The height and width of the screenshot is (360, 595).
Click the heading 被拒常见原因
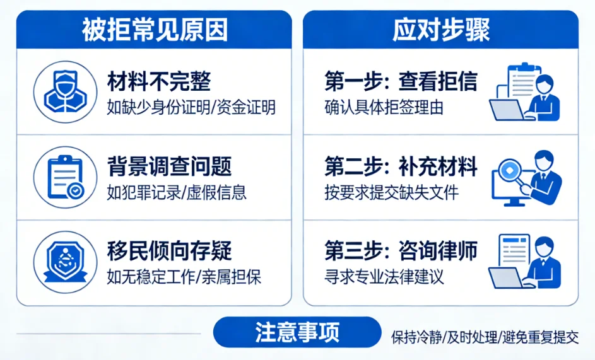(x=154, y=30)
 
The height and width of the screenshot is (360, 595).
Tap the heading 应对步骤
(x=441, y=30)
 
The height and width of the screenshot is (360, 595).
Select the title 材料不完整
(x=158, y=82)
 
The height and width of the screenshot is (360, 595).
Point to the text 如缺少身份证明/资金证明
(x=191, y=107)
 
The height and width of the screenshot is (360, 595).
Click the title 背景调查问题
(x=169, y=166)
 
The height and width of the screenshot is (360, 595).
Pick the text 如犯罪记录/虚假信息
(x=177, y=192)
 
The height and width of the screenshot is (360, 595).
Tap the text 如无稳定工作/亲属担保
(x=184, y=276)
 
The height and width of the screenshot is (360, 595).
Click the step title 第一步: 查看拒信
(x=401, y=82)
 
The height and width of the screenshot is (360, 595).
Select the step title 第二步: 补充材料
(x=401, y=166)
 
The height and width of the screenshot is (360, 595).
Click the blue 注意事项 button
(x=297, y=332)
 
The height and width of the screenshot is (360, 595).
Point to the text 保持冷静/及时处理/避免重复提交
(x=485, y=337)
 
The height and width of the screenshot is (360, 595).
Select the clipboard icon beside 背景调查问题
(x=66, y=177)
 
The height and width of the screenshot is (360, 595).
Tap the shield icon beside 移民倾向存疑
(x=66, y=261)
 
